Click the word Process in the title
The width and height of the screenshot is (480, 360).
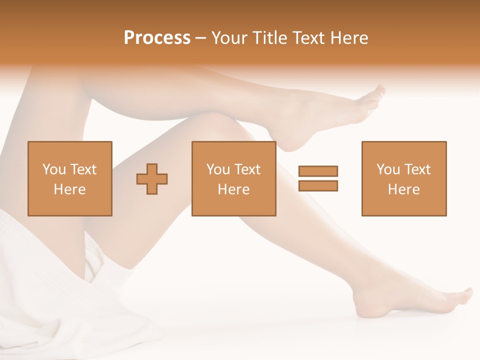point(157,37)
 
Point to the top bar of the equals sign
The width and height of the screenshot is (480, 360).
point(318,171)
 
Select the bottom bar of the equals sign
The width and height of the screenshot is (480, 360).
point(318,185)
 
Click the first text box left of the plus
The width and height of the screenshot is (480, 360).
point(70,178)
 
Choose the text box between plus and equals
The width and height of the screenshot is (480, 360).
point(233,178)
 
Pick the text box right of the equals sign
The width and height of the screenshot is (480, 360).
point(404,178)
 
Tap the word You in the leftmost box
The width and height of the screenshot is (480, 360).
point(53,169)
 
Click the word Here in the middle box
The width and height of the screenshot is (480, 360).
point(233,189)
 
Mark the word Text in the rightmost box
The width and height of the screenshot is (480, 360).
point(417,169)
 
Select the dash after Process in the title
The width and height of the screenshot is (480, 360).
point(200,38)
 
